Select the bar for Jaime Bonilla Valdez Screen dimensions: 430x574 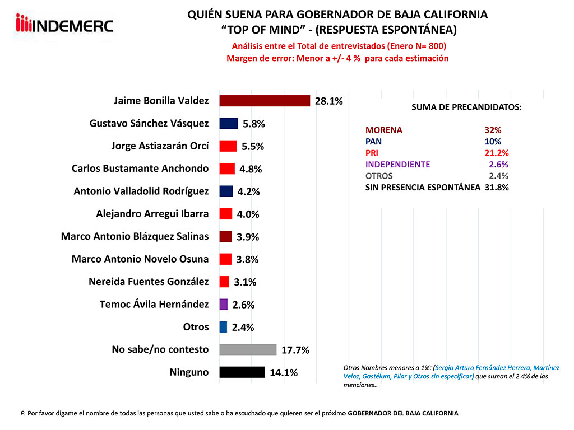point(264,101)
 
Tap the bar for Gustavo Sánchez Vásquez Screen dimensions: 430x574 point(229,123)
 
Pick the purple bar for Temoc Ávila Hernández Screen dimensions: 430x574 point(223,305)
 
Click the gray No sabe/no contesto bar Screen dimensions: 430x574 point(248,349)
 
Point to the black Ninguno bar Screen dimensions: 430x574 point(242,372)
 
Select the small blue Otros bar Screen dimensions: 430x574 point(223,327)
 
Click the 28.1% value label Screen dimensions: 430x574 point(328,101)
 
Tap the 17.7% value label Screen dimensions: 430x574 point(295,350)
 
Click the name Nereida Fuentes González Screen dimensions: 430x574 point(149,282)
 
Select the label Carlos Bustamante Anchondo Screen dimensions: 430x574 point(140,169)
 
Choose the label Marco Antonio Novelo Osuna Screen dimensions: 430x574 point(140,259)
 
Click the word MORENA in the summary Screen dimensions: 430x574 point(384,130)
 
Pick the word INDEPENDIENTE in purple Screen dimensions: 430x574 point(397,165)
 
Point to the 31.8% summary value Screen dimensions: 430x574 point(497,188)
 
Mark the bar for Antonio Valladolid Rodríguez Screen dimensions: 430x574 point(226,191)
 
